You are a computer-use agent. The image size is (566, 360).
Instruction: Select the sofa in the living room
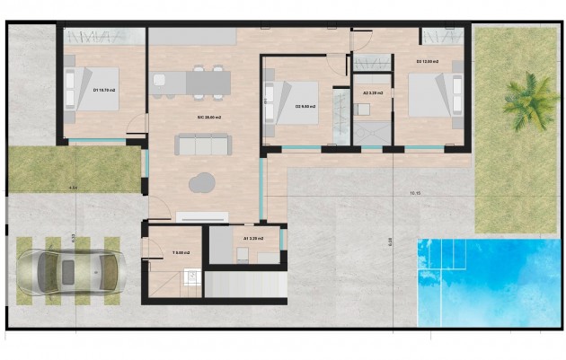click(x=197, y=145)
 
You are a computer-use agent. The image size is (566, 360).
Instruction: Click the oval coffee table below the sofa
click(x=202, y=181)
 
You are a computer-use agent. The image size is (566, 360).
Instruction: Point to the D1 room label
click(x=103, y=90)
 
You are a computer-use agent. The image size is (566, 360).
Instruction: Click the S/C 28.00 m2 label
click(x=209, y=118)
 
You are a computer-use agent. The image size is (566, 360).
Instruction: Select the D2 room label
click(x=428, y=61)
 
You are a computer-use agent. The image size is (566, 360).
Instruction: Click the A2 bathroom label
click(x=373, y=92)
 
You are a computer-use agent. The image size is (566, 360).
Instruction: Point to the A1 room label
click(x=252, y=239)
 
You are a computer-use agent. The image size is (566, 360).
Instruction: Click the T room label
click(x=181, y=252)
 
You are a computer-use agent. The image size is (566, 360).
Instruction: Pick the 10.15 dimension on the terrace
click(x=414, y=192)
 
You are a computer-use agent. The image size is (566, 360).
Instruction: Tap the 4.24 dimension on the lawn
click(x=74, y=188)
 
